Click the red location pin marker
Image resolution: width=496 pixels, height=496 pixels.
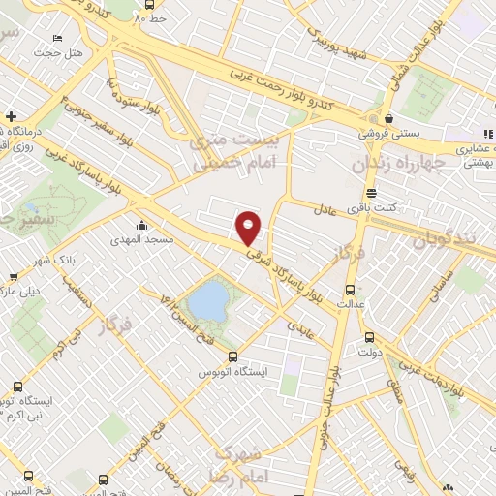(250, 227)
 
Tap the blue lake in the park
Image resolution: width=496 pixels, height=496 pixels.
(205, 301)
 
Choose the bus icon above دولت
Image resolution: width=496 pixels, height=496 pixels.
(369, 338)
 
